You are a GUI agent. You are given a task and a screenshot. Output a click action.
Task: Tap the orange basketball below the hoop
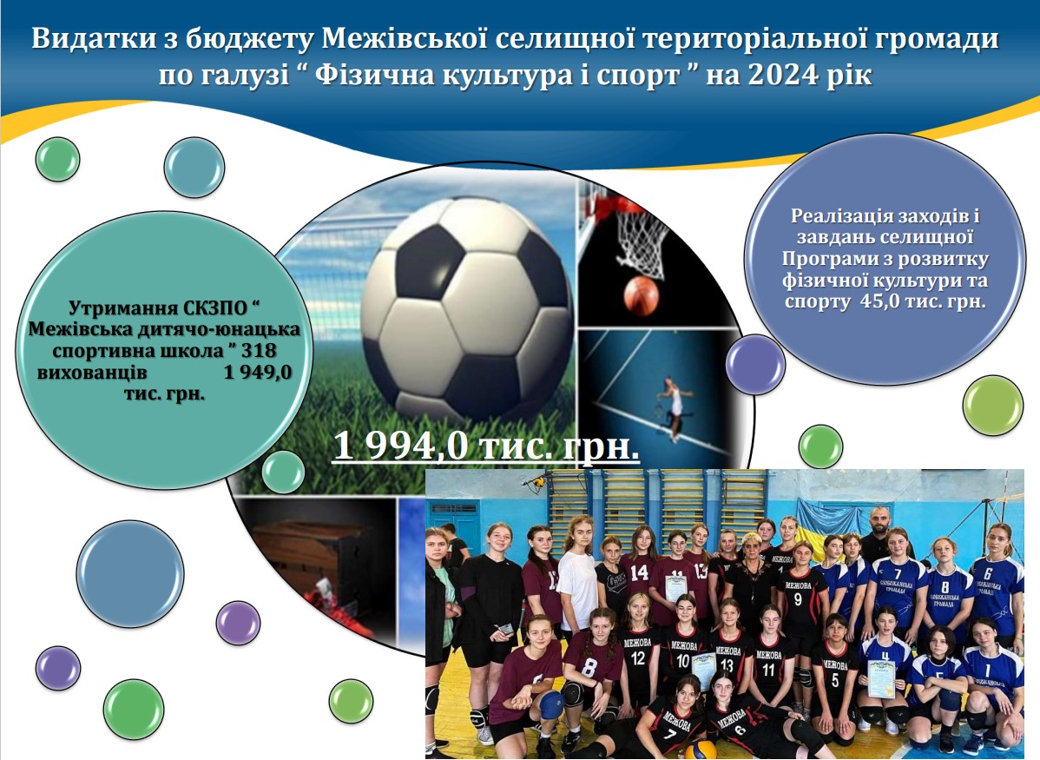(x=642, y=296)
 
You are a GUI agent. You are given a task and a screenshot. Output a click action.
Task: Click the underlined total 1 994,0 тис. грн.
(x=485, y=446)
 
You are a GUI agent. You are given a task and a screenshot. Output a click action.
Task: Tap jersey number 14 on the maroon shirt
(x=640, y=572)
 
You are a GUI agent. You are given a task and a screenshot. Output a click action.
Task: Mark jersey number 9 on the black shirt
(x=798, y=599)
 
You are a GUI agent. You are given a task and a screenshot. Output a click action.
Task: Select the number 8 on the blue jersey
(x=945, y=587)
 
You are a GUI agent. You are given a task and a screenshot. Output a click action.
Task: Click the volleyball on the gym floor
(x=700, y=750)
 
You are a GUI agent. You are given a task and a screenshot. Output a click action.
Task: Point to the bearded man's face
(x=879, y=524)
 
